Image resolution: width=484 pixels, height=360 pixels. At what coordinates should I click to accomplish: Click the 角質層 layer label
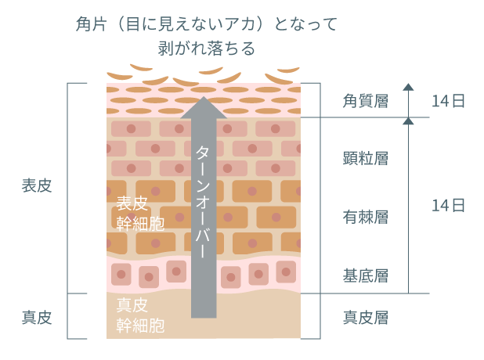tap(366, 101)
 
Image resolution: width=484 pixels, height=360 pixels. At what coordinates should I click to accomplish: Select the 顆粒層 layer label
tap(366, 159)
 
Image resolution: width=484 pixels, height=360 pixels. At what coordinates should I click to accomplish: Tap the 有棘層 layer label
tap(366, 217)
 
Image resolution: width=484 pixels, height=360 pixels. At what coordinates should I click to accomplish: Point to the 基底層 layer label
tap(366, 275)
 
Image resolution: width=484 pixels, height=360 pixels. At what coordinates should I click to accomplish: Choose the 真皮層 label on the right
tap(366, 317)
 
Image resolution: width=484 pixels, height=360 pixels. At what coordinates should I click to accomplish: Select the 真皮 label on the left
tap(36, 317)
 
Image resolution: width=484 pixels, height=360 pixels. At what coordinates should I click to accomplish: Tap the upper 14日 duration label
tap(449, 101)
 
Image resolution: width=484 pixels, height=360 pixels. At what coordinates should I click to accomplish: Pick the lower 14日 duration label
tap(449, 206)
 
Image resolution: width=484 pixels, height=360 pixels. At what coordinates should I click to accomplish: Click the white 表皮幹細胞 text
tap(140, 214)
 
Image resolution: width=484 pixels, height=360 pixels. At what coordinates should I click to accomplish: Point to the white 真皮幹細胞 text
tap(140, 315)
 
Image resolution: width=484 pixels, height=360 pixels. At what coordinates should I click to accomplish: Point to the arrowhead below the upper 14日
tap(407, 121)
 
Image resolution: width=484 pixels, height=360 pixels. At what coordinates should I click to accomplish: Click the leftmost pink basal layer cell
tap(121, 273)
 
